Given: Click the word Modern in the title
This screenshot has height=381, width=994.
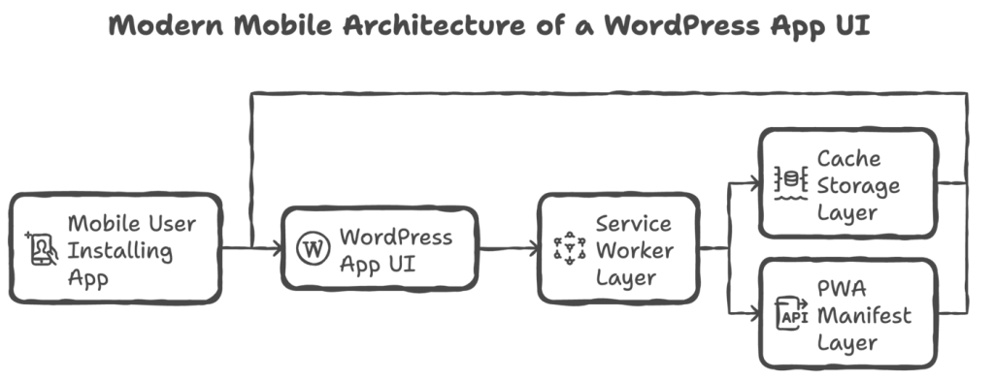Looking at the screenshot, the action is tap(166, 25).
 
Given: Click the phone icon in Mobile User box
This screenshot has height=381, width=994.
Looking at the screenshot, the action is tap(41, 249).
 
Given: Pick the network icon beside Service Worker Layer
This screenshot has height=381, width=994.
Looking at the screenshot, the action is tap(569, 248).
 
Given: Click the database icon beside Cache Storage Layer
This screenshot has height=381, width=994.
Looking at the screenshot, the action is tap(790, 183).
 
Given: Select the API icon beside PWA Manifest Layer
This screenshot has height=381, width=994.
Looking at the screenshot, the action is tap(792, 314).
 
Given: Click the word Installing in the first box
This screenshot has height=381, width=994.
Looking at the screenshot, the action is tap(119, 252).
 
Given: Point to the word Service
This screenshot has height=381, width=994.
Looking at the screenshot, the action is tap(633, 223).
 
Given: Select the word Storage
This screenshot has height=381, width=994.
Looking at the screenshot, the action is tap(858, 187).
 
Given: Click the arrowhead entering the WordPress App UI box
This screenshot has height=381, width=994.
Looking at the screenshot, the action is tap(277, 248).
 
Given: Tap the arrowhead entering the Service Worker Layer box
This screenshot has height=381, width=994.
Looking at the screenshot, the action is tap(533, 248).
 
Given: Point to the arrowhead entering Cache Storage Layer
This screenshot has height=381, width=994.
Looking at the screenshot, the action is tap(754, 184).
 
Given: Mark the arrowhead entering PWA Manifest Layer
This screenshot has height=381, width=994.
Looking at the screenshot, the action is tap(754, 312).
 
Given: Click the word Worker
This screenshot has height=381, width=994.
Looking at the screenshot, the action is tap(635, 251).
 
